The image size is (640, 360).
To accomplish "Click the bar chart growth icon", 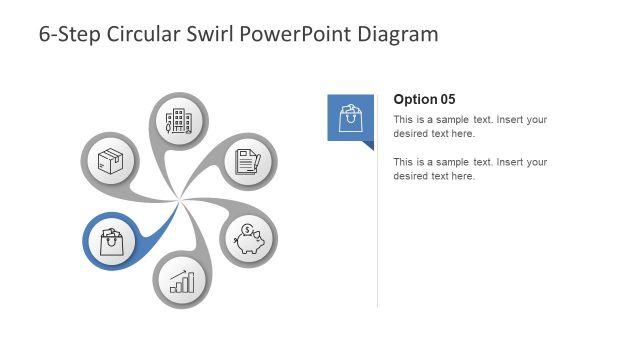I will point(181,280).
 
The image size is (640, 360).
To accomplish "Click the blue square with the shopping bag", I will point(350,118).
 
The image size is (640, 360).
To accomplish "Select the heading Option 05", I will point(424,99).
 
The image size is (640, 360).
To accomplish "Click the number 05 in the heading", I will point(447,99).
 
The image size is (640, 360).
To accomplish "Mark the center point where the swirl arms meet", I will point(179,202).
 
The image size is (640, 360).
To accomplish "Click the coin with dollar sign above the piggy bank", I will point(246,230).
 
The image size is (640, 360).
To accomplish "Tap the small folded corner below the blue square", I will point(368,145).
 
